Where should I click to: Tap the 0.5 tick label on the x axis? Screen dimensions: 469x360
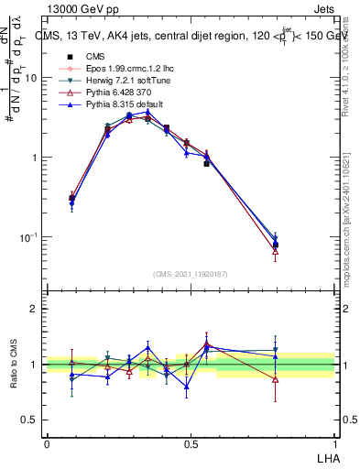(190, 442)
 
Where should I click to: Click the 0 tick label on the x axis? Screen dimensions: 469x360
(47, 442)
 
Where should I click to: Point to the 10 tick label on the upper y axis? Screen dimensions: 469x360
(32, 78)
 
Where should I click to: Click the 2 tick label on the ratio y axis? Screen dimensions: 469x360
(34, 309)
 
